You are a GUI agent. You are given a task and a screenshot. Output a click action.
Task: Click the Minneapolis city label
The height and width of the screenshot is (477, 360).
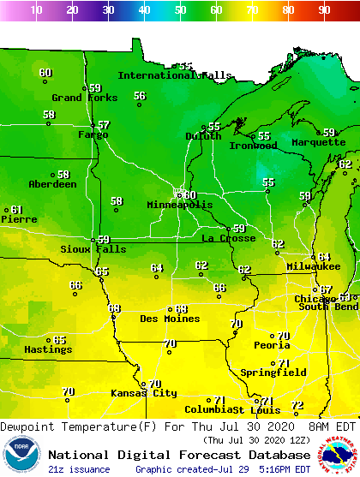[179, 206]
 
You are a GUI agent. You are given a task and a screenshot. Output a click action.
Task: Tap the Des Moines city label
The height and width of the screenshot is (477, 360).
[170, 319]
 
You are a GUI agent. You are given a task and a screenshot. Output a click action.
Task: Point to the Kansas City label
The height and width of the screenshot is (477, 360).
[143, 394]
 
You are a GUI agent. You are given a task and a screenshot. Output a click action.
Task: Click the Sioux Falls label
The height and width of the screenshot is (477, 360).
[93, 250]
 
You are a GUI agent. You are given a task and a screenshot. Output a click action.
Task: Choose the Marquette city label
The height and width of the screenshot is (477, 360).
[318, 143]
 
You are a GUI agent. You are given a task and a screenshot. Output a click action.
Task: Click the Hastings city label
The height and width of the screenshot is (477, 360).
[47, 350]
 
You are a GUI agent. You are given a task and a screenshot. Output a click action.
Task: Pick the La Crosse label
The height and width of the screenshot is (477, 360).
[228, 238]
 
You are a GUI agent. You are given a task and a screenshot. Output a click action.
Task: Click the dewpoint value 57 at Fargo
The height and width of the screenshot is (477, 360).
[104, 125]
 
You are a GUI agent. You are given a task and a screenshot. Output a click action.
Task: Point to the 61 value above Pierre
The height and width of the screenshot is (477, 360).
[16, 210]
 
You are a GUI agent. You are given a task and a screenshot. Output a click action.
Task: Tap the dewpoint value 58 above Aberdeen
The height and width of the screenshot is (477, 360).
[63, 175]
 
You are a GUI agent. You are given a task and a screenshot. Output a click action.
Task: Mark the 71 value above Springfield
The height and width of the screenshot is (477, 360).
[284, 363]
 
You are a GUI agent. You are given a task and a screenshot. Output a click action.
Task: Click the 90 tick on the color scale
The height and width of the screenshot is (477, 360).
[324, 10]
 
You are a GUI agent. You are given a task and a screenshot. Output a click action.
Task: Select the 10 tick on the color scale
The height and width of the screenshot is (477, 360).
[36, 10]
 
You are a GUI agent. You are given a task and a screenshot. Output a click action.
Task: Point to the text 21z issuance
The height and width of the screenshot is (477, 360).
[79, 469]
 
